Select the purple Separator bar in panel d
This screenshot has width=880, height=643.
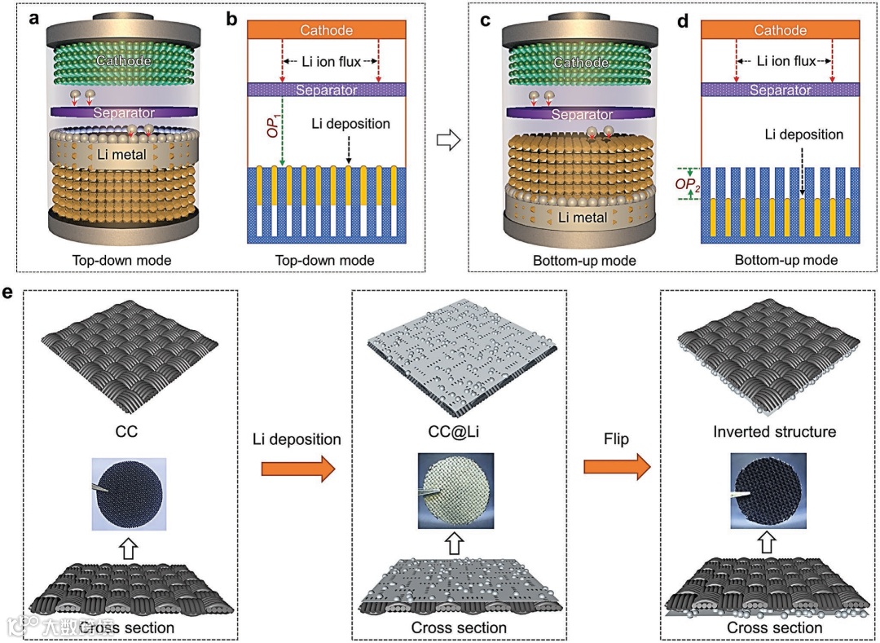click(780, 90)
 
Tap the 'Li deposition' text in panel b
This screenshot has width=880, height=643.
click(351, 124)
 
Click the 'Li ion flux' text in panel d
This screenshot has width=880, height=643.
click(784, 61)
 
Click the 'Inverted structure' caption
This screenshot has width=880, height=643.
click(774, 431)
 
